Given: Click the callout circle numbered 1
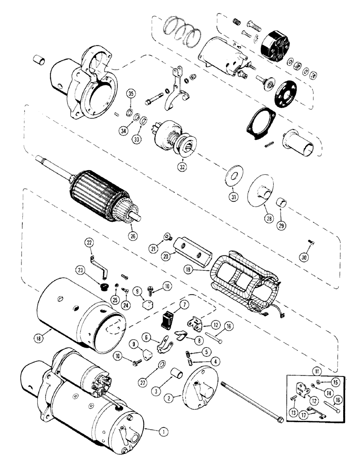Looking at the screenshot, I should pyautogui.click(x=163, y=431).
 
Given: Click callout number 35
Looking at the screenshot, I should pyautogui.click(x=131, y=96).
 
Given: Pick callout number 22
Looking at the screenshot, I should pyautogui.click(x=90, y=242).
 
